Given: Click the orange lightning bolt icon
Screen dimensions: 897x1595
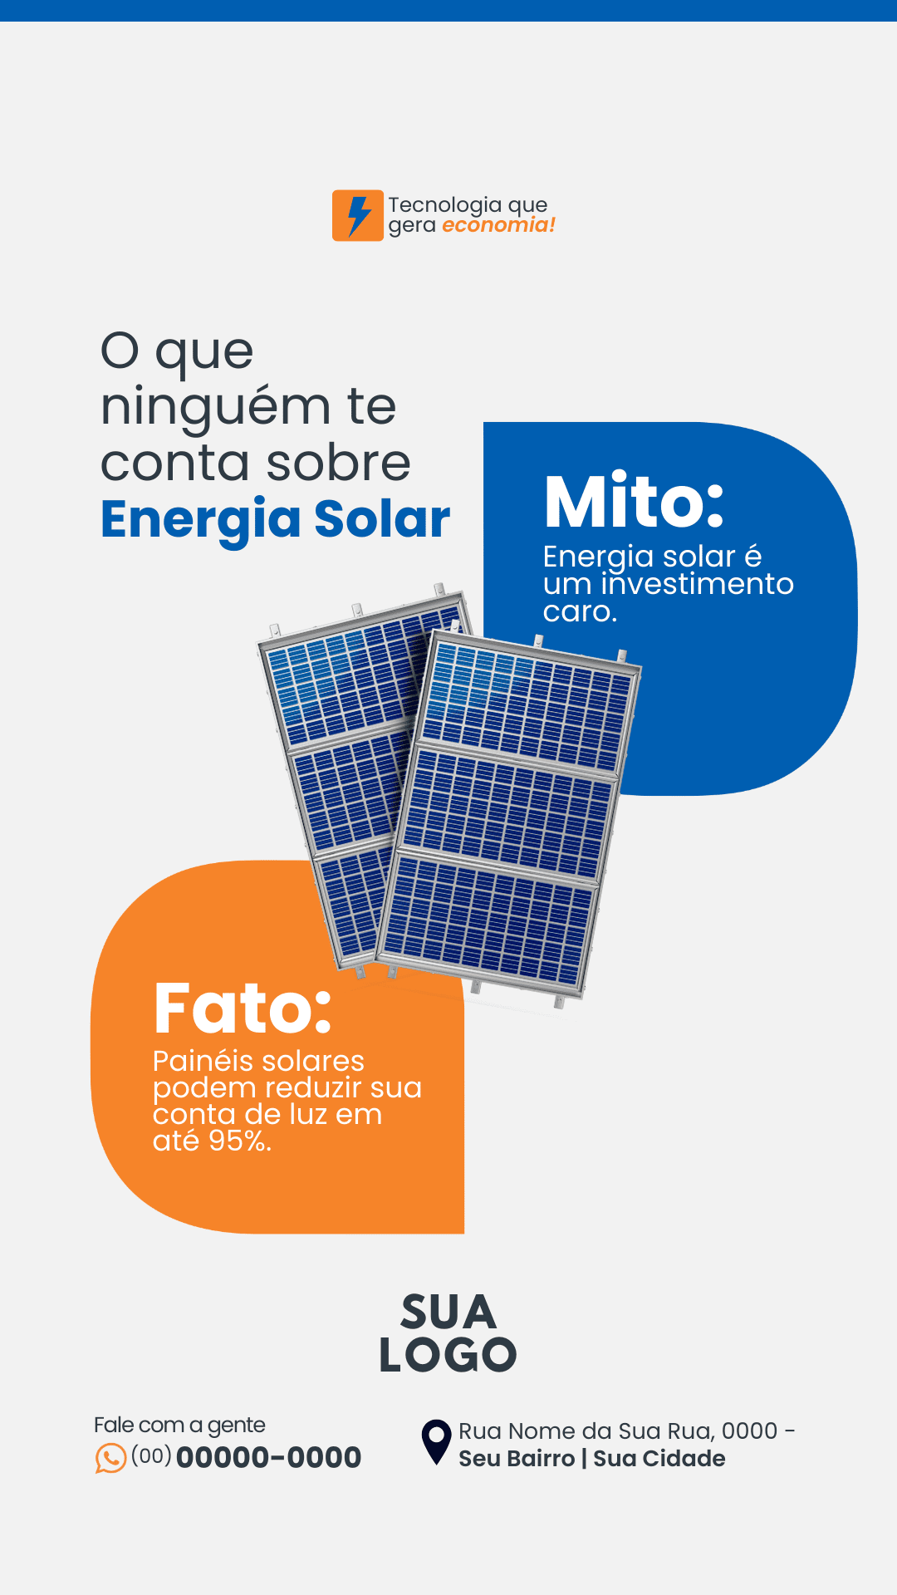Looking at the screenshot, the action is click(358, 215).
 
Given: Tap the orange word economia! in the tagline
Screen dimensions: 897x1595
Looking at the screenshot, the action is click(498, 225).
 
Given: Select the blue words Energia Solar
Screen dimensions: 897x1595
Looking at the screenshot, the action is click(275, 520).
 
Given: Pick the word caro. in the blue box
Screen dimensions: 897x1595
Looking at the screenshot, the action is click(580, 612).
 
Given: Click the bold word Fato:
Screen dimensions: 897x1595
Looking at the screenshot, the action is click(243, 1009).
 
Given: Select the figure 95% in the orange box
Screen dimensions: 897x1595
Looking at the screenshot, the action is click(239, 1141).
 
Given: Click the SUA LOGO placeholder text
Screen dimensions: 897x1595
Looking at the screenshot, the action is click(448, 1333).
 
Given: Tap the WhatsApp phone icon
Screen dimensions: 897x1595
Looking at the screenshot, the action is click(110, 1458).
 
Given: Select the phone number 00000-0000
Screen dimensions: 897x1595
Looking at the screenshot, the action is click(268, 1457).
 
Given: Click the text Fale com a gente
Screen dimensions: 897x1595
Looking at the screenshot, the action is click(179, 1426).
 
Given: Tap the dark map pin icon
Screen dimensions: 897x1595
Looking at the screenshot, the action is click(436, 1441).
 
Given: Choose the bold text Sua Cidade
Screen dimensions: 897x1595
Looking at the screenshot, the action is click(659, 1459).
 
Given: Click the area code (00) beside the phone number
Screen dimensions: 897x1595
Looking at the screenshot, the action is click(151, 1455).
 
